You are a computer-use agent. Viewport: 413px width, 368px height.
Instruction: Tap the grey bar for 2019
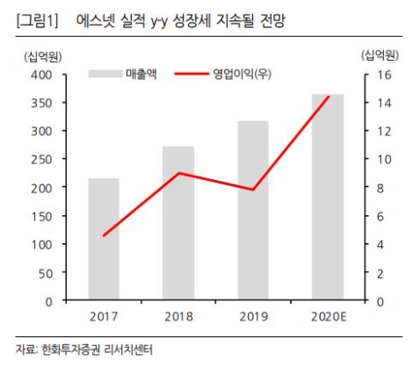coord(253,211)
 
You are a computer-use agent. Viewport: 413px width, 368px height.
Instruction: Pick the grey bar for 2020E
coord(328,198)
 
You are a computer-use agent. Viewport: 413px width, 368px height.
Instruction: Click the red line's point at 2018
coord(178,173)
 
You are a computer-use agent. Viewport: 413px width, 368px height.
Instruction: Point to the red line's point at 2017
coord(104,235)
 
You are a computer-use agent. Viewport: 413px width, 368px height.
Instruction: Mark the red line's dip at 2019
coord(253,190)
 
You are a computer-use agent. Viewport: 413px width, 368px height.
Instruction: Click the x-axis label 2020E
coord(328,316)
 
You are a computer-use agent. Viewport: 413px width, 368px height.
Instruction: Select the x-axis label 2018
coord(178,316)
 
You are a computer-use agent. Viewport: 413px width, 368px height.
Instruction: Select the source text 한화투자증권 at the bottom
coord(73,350)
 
